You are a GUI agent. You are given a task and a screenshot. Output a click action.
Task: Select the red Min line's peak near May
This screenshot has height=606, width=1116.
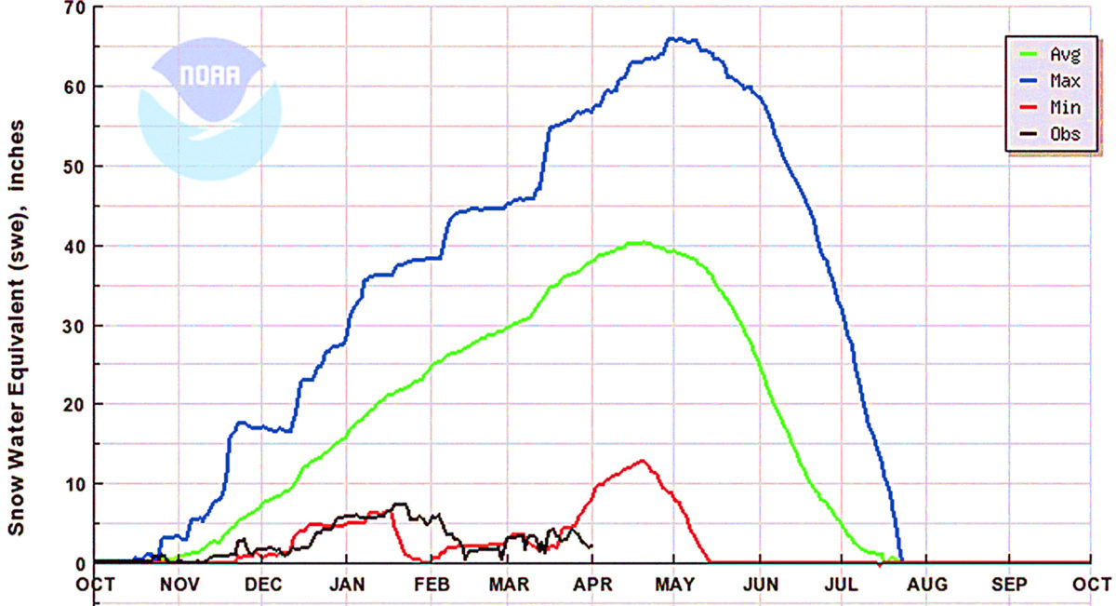pyautogui.click(x=642, y=460)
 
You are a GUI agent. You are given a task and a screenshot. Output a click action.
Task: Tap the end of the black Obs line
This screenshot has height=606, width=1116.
pyautogui.click(x=592, y=546)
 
